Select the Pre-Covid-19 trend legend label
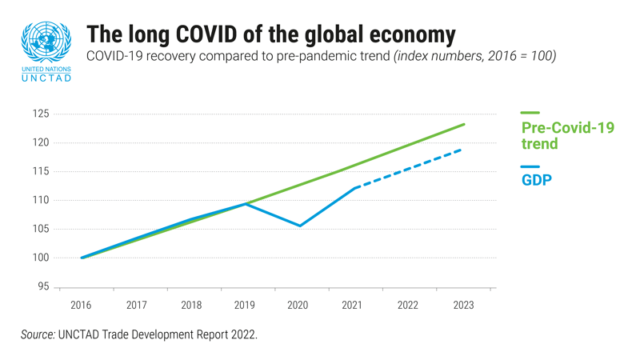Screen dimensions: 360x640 coord(567,136)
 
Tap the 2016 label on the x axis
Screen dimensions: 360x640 coord(81,306)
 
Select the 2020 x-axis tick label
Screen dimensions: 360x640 coord(298,306)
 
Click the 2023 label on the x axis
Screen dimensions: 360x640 coord(463,306)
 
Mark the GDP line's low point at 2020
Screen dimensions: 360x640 coord(300,226)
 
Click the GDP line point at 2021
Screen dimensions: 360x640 coord(354,188)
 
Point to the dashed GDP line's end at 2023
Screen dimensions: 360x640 coord(463,150)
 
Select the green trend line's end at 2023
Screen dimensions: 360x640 coord(464,124)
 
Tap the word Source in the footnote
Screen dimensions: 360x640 coord(37,335)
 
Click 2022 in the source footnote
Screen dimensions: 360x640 coord(243,335)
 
